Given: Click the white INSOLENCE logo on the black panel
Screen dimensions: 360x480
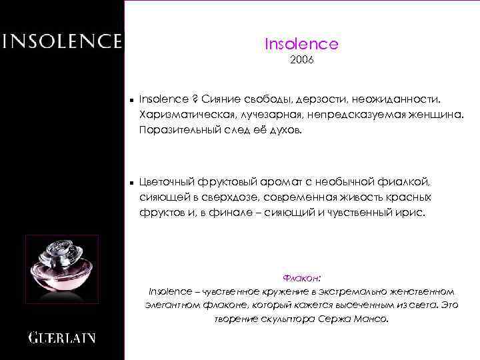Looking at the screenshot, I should pos(62,41).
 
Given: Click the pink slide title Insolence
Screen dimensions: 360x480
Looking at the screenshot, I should pos(301,44).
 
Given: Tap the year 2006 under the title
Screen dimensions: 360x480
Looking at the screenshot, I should pos(301,61).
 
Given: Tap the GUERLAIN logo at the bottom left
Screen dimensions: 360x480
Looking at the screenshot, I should pos(62,337).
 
